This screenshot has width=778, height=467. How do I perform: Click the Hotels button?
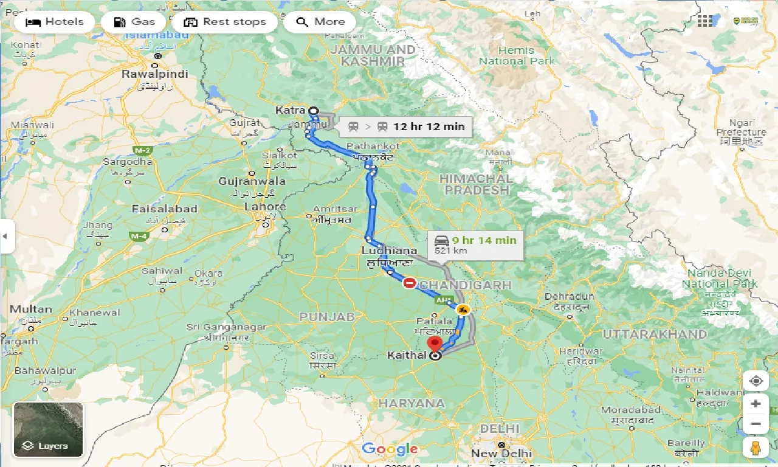pos(55,22)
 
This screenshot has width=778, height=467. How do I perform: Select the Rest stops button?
pos(225,22)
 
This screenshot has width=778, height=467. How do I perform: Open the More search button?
pos(320,22)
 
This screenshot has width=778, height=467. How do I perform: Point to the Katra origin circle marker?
pos(313,111)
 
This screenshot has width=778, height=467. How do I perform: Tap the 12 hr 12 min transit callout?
pos(405,126)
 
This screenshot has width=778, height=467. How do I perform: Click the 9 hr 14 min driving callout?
pos(476,244)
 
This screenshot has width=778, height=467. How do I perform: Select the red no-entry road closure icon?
pos(410,283)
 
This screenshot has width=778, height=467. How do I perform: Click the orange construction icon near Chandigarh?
pos(463,310)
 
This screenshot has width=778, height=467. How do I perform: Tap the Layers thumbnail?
pos(48,430)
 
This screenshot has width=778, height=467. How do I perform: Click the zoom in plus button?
pos(756,404)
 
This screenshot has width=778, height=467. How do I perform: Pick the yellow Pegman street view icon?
pos(756,448)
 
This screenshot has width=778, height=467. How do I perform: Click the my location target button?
pos(756,381)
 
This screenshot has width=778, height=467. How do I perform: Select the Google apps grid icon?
pos(705,21)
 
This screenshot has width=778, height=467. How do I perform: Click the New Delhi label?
pos(502,453)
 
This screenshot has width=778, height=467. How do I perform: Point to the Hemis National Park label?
pos(517,55)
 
